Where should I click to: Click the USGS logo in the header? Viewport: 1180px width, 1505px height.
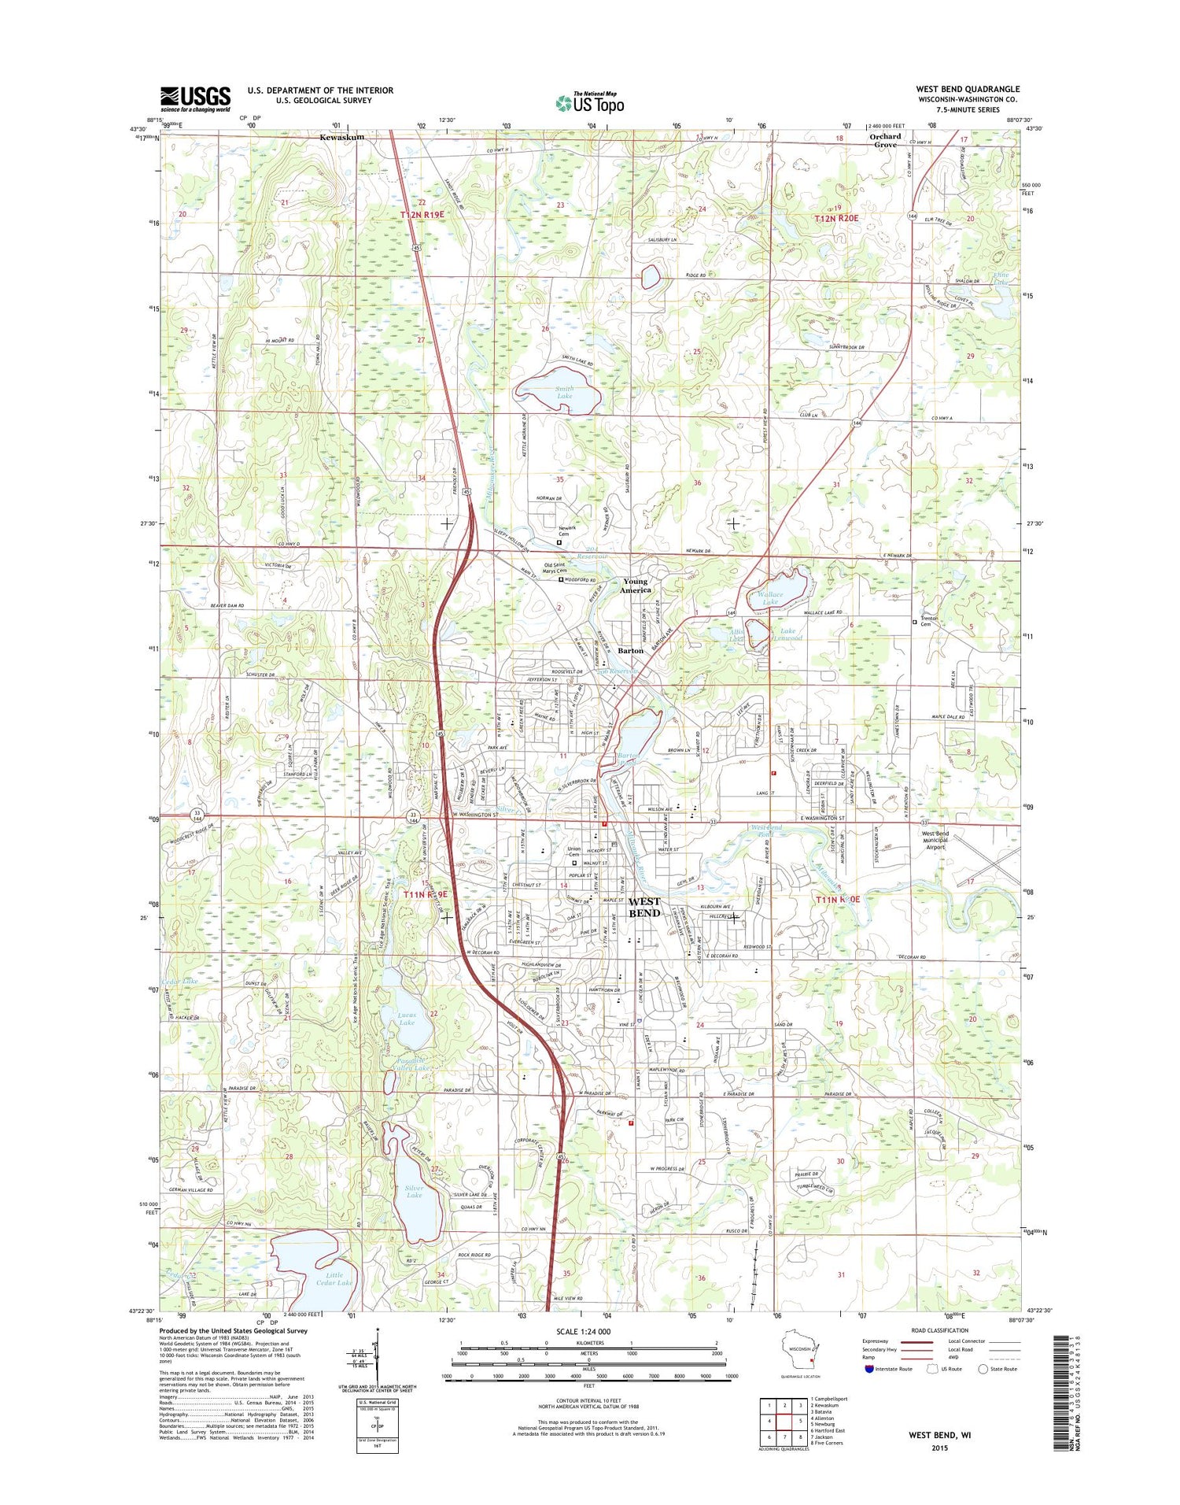pos(195,98)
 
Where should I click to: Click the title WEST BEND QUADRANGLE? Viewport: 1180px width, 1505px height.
pos(967,89)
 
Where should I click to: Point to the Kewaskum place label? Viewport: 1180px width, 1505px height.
pos(341,137)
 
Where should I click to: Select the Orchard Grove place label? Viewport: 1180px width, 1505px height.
pos(885,140)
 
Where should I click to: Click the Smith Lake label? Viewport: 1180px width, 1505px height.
pos(564,392)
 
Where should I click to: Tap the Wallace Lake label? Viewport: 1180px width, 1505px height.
pos(770,598)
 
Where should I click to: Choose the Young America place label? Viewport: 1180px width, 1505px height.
pos(635,586)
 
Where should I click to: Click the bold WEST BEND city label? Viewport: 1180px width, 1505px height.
pos(644,907)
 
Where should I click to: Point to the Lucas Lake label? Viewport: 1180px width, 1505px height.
pos(407,1019)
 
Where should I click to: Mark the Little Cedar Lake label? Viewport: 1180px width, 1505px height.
pos(334,1278)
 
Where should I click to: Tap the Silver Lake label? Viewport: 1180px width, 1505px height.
pos(414,1192)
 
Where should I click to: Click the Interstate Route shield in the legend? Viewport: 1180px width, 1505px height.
pos(869,1369)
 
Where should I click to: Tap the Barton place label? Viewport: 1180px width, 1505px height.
pos(630,651)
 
